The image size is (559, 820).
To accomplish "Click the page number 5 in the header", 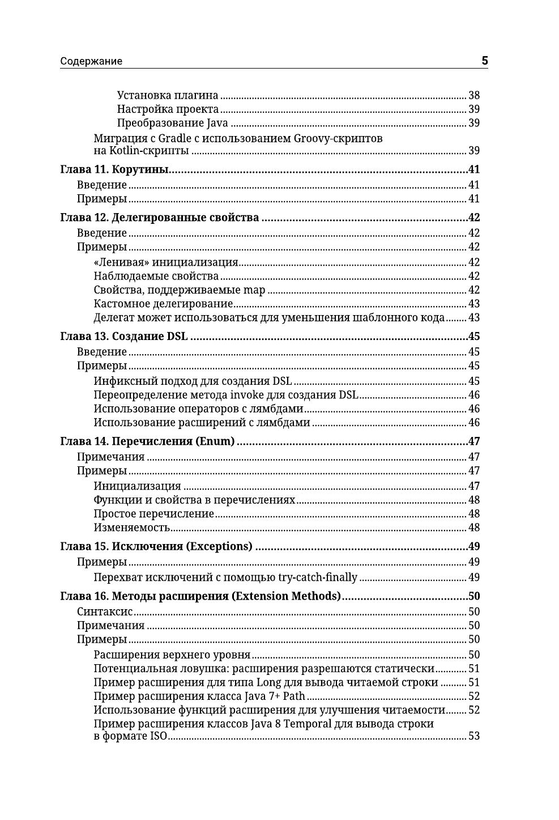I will pyautogui.click(x=484, y=61).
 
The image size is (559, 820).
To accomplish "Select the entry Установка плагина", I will pyautogui.click(x=168, y=95).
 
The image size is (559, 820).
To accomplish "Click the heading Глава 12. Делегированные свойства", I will pyautogui.click(x=160, y=218).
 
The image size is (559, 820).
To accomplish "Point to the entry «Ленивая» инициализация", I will pyautogui.click(x=165, y=262).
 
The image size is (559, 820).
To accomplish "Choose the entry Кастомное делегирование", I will pyautogui.click(x=163, y=304).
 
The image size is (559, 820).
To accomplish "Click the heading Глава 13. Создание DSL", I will pyautogui.click(x=124, y=337).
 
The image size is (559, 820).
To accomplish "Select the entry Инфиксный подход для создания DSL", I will pyautogui.click(x=193, y=381).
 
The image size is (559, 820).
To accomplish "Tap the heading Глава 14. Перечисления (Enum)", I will pyautogui.click(x=147, y=441).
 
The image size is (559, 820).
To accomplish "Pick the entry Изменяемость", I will pyautogui.click(x=132, y=528).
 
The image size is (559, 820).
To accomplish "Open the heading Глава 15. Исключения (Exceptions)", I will pyautogui.click(x=156, y=547).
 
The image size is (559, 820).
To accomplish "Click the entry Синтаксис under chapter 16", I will pyautogui.click(x=105, y=611).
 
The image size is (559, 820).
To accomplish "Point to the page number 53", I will pyautogui.click(x=474, y=737).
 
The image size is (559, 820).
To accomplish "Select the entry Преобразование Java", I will pyautogui.click(x=173, y=123).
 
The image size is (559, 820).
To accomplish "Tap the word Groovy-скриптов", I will pyautogui.click(x=338, y=139).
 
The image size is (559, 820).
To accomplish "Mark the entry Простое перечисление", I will pyautogui.click(x=154, y=514).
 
